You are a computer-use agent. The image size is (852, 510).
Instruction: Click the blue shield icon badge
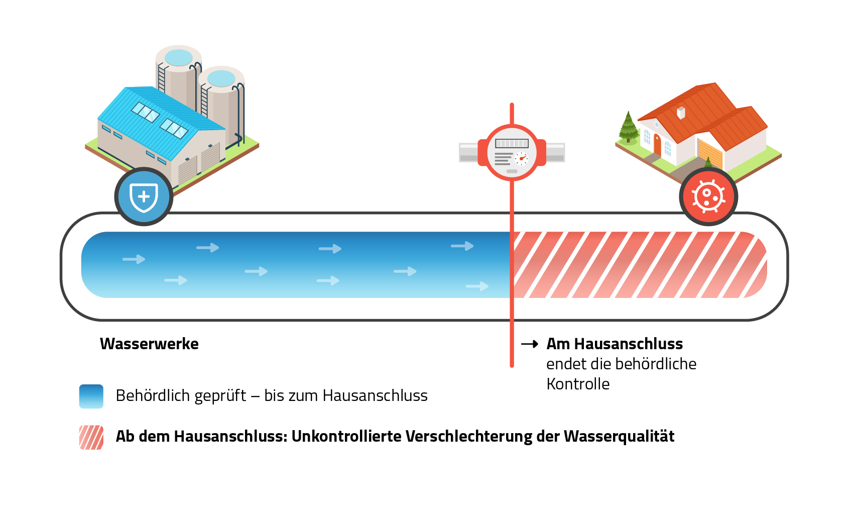click(144, 196)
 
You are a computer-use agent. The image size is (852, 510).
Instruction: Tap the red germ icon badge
click(708, 196)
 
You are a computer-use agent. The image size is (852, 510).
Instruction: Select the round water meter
click(512, 153)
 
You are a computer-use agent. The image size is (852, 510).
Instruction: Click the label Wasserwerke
click(149, 344)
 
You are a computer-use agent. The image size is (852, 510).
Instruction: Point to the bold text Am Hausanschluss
click(615, 344)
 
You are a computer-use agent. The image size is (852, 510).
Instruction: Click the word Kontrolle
click(578, 384)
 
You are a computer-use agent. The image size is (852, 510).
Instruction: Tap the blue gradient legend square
click(91, 396)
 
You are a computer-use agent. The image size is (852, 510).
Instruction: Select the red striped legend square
click(91, 437)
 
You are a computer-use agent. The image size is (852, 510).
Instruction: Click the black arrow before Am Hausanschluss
click(530, 344)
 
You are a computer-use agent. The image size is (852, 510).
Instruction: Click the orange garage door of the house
click(710, 153)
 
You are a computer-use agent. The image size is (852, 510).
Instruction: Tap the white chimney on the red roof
click(681, 113)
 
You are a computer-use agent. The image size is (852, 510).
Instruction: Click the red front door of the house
click(657, 144)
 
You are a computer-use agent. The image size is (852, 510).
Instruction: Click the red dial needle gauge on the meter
click(522, 159)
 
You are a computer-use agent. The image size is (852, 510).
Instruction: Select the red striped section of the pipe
click(638, 265)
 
